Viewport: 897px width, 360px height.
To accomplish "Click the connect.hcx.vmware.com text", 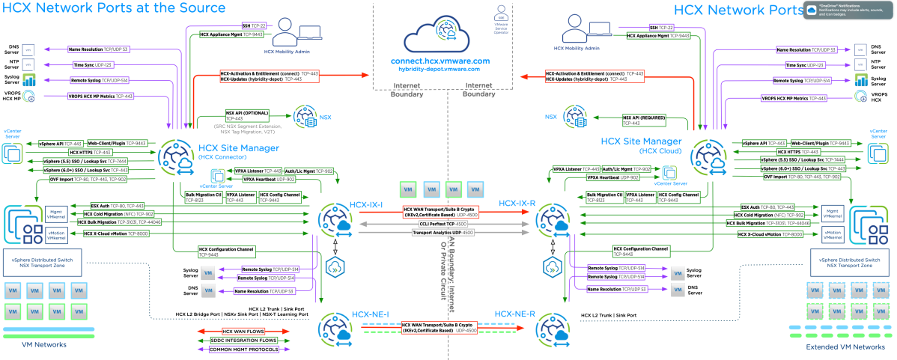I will pos(440,60).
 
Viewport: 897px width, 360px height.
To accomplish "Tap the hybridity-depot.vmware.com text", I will pos(440,69).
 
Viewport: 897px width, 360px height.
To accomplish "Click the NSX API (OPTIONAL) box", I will pos(247,117).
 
